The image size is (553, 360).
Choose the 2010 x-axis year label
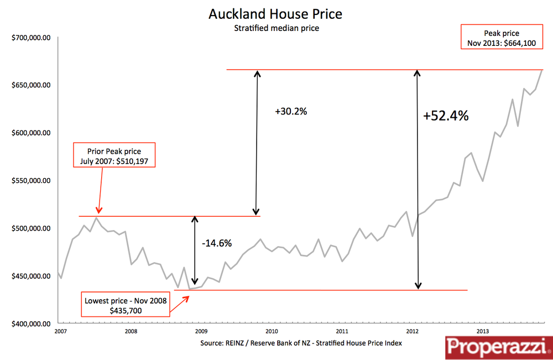point(271,332)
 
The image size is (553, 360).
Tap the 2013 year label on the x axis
point(482,332)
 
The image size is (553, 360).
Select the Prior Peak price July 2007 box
point(114,155)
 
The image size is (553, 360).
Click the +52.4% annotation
point(446,116)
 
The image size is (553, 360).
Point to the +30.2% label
point(291,111)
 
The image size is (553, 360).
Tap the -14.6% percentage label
point(216,243)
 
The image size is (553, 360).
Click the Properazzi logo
point(497,347)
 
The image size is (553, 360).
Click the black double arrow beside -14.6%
point(194,251)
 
